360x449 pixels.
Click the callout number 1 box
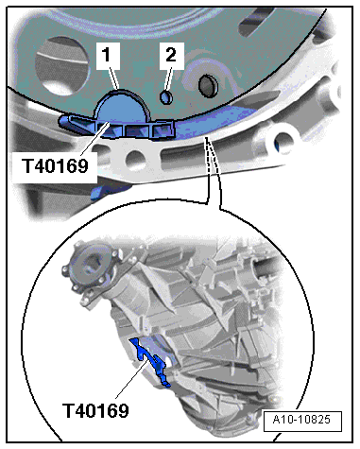[111, 59]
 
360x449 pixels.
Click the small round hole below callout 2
[165, 96]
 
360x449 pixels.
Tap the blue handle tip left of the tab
[68, 120]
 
